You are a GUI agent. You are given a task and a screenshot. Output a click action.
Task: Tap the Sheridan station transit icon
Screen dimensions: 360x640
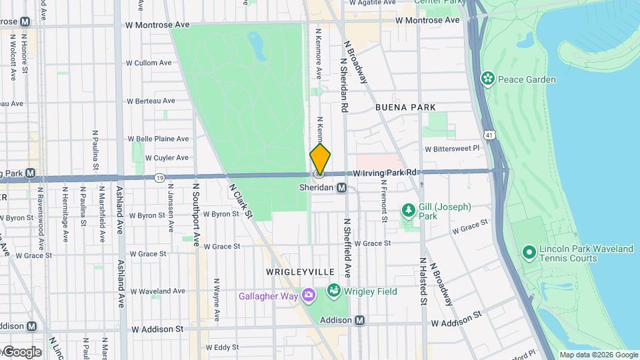[341, 188]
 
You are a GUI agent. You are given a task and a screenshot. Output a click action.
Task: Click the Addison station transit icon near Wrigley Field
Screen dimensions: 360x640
[360, 321]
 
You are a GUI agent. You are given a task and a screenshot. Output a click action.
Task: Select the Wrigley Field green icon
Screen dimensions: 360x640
[333, 291]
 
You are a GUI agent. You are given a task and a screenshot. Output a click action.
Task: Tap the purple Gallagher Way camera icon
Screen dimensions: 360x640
[309, 295]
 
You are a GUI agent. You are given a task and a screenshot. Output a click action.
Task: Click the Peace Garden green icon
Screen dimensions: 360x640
[488, 79]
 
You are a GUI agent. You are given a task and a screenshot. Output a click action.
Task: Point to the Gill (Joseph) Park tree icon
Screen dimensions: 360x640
[409, 211]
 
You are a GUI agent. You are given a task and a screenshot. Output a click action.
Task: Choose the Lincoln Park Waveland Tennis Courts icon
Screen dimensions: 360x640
[529, 253]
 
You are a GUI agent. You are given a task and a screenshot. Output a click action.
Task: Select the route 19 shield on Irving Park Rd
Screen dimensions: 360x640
[159, 177]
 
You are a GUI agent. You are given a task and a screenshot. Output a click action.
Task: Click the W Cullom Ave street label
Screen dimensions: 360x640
[149, 63]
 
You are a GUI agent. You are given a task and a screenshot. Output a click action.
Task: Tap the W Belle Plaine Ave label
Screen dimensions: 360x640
[158, 139]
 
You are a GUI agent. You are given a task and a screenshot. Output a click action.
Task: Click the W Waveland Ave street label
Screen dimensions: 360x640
[157, 291]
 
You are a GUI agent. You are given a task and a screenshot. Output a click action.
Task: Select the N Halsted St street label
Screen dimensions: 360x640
[423, 282]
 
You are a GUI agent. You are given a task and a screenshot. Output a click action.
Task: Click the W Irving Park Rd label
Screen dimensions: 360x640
[385, 173]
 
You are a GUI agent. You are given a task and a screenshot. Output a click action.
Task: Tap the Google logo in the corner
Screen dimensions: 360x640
[22, 352]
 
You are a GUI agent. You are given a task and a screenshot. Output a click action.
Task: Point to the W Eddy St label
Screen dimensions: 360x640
[222, 347]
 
